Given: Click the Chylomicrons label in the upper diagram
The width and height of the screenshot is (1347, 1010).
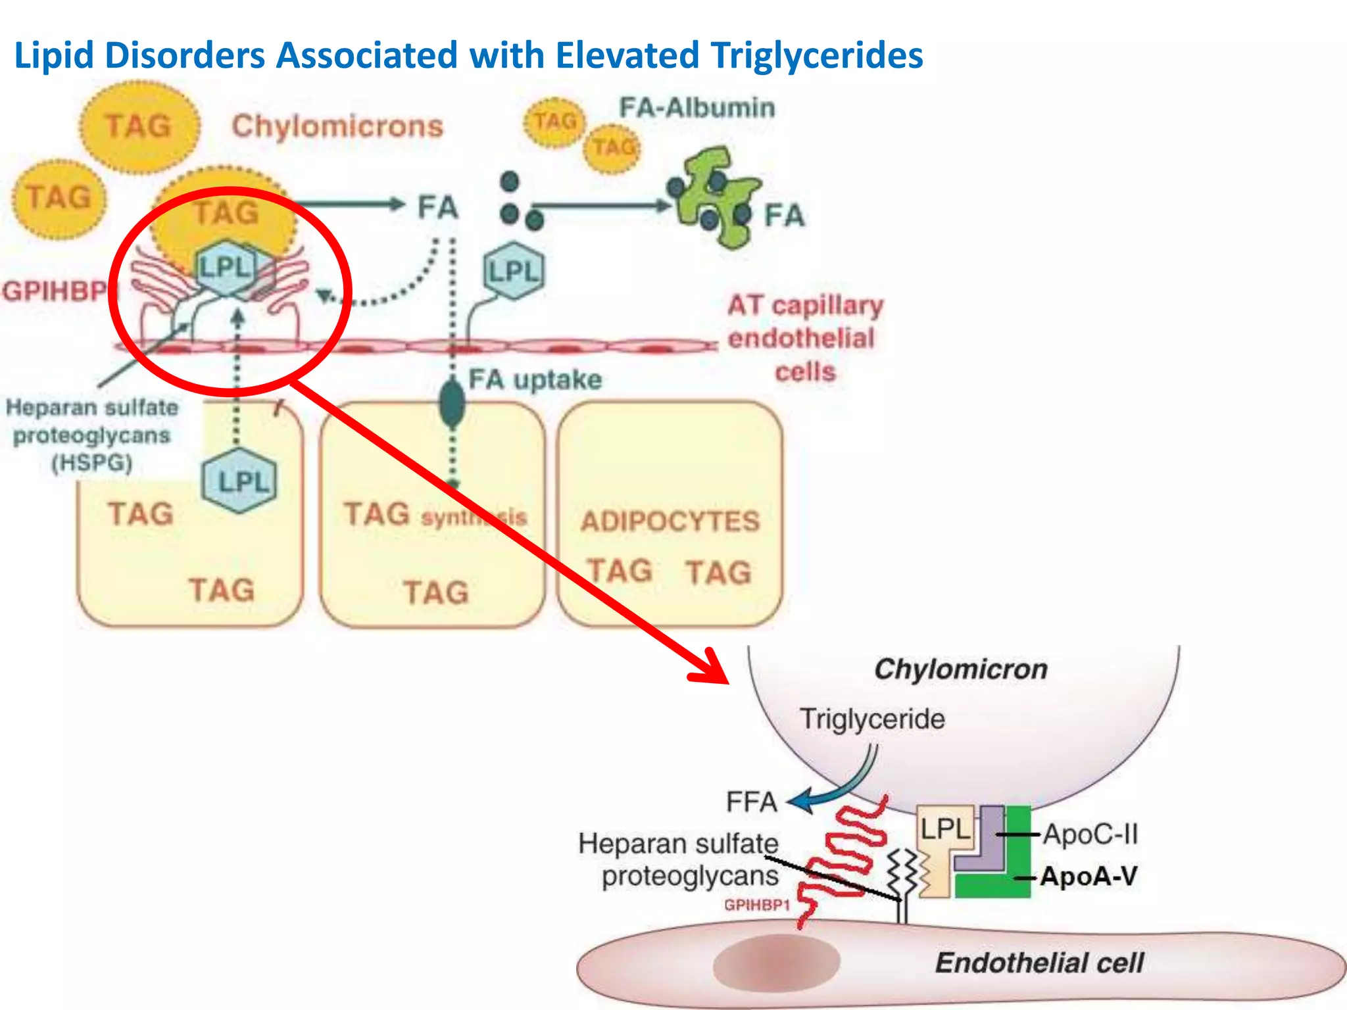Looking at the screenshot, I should coord(337,126).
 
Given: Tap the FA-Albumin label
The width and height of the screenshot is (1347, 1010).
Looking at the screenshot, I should coord(697,108).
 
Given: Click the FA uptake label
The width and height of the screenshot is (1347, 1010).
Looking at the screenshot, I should coord(535,379).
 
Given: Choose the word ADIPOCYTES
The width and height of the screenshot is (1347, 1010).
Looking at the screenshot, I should coord(670,521).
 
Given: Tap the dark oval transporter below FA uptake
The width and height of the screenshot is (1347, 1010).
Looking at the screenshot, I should coord(452,404).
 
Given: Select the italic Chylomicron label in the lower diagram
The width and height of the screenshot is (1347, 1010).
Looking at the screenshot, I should coord(960,669).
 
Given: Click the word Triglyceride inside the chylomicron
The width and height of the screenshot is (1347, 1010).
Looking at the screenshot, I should coord(872,719).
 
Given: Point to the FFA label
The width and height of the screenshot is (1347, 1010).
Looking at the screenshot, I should coord(751,802).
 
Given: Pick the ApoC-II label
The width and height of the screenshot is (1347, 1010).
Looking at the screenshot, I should coord(1090,834).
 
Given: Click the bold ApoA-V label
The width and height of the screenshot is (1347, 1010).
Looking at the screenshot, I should coord(1089,877).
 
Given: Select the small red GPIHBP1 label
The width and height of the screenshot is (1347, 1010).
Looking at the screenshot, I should coord(756,905).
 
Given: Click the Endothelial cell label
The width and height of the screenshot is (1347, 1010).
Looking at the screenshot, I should coord(1039,963).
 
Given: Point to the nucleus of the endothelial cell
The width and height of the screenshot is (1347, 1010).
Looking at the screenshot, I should coord(776,961).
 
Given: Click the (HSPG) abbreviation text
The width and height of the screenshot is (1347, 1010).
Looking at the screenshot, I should coord(92,463).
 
